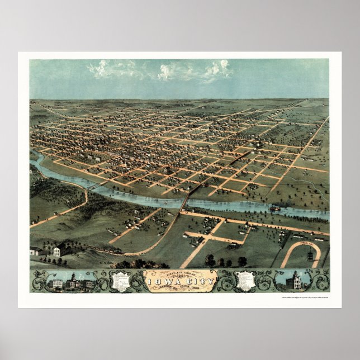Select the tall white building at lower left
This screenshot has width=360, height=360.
pyautogui.click(x=56, y=252)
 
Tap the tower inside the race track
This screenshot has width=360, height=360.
pyautogui.click(x=310, y=255)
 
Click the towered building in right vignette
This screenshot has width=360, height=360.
pyautogui.click(x=296, y=281)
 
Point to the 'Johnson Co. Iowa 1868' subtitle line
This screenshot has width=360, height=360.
pyautogui.click(x=180, y=288)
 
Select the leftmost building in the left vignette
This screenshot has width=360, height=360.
pyautogui.click(x=56, y=284)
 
